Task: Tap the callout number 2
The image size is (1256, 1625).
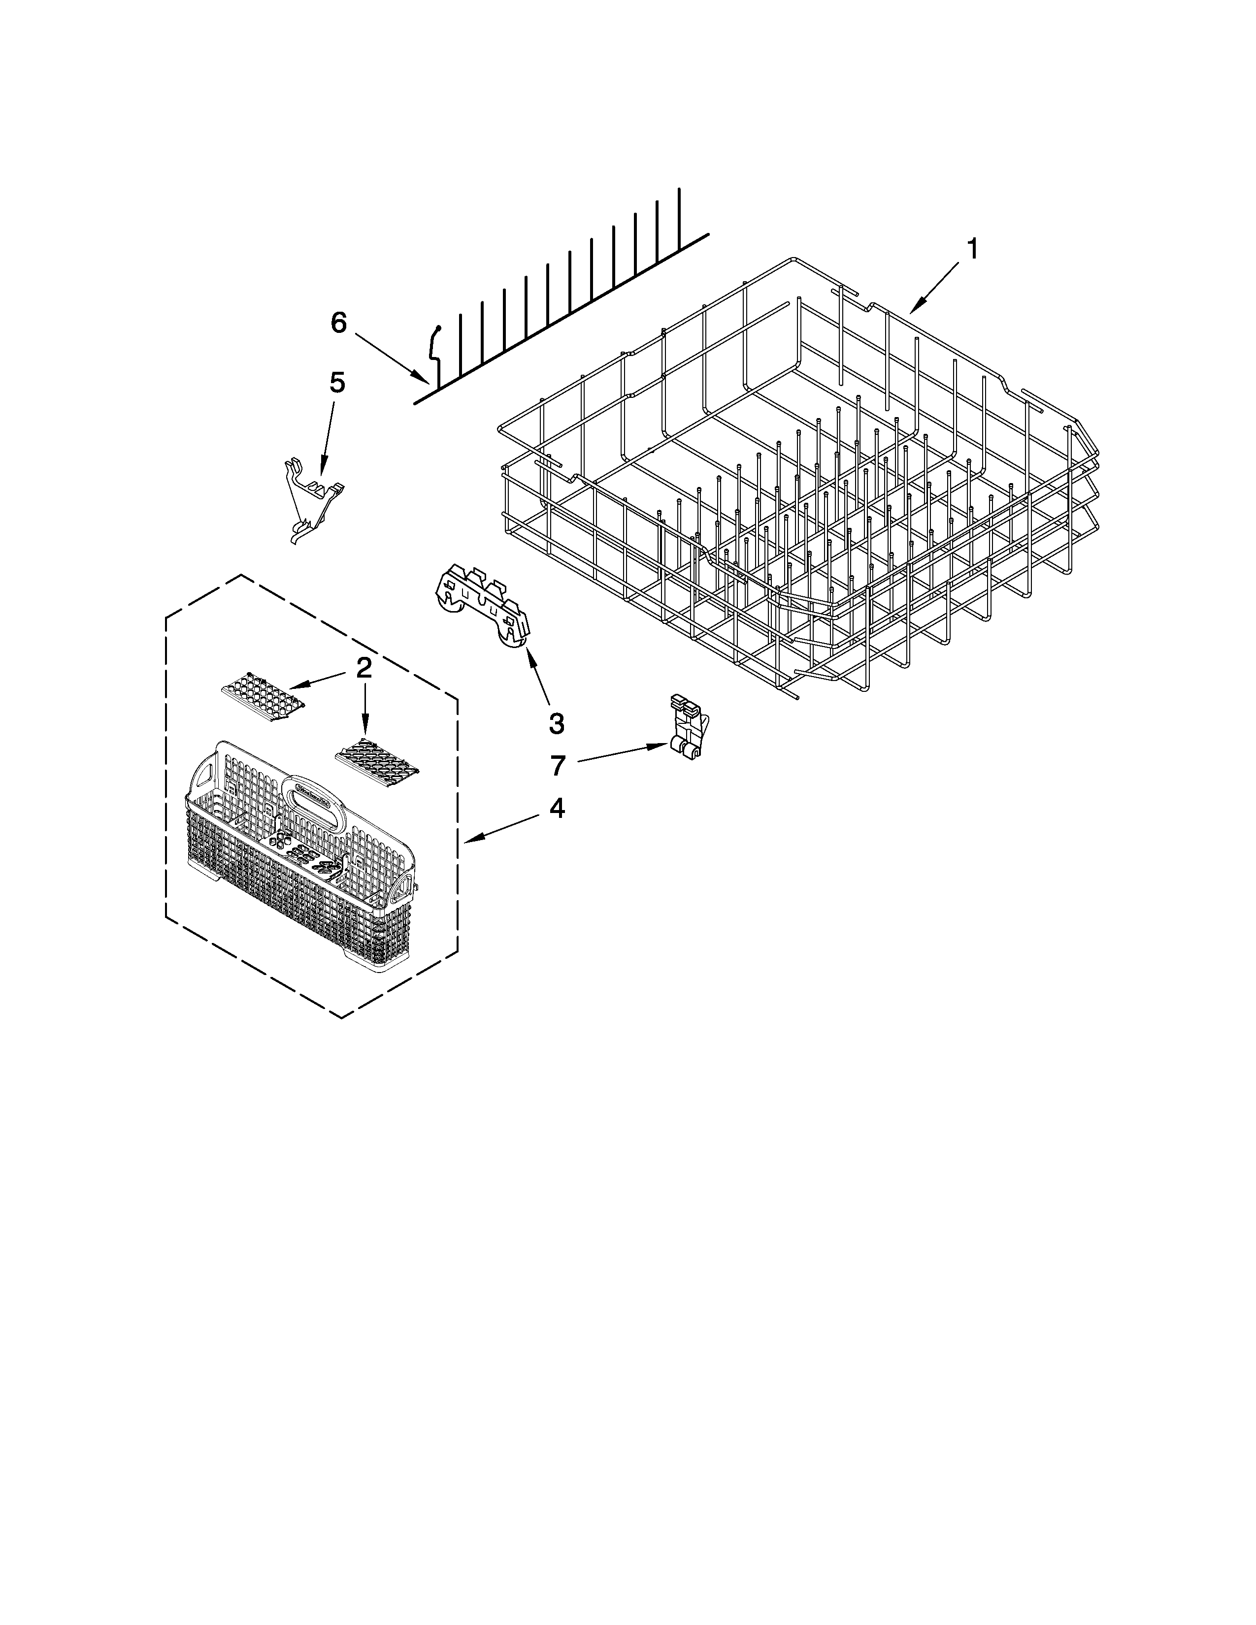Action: (363, 669)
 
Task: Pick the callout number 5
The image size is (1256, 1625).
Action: (337, 383)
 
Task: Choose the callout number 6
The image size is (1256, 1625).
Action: (338, 323)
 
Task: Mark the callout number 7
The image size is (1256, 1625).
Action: (558, 764)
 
